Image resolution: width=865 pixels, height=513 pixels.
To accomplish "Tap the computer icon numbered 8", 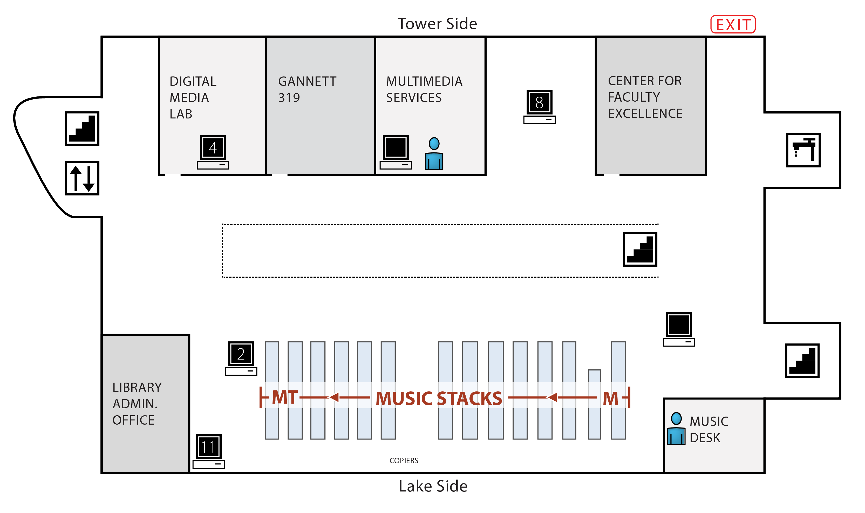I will [539, 106].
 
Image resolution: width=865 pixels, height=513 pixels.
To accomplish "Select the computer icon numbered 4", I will [213, 151].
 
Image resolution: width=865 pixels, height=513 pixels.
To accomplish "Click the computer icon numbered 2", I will [241, 358].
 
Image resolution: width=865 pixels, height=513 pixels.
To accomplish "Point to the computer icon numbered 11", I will [208, 451].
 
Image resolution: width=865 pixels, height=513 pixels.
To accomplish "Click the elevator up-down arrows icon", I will [82, 178].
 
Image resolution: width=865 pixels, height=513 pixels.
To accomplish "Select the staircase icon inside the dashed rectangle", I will [639, 249].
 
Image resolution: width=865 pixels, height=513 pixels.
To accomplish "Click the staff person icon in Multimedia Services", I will [434, 153].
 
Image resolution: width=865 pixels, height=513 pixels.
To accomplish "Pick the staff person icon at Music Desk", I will [676, 429].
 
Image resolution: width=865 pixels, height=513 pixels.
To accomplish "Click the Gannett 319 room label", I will [307, 89].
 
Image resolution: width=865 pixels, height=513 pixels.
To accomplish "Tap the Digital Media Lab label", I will [193, 97].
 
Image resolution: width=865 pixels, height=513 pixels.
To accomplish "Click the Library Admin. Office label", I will [137, 403].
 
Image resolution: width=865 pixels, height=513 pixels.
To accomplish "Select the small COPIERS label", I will [404, 460].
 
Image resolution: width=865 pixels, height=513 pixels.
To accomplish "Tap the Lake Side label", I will [433, 486].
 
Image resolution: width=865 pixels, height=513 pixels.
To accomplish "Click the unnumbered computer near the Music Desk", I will [678, 329].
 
